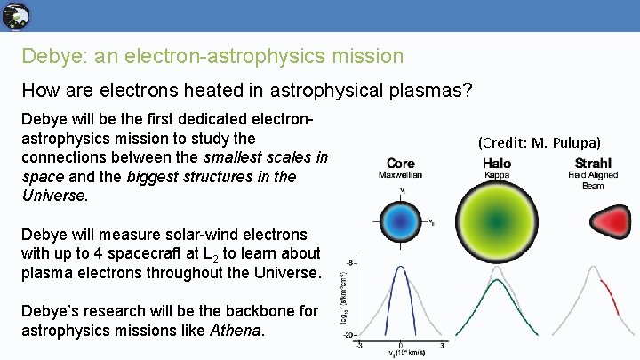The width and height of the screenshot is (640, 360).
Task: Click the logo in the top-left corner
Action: (16, 15)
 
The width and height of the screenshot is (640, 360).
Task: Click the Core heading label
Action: (401, 164)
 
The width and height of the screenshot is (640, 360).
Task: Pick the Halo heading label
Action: (497, 164)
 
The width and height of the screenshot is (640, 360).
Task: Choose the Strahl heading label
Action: (593, 164)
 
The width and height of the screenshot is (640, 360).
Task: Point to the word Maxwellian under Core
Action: (401, 175)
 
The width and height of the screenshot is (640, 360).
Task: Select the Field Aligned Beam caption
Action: (593, 180)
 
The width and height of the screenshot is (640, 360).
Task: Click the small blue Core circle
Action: (401, 220)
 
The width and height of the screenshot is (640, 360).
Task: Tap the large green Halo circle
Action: (497, 220)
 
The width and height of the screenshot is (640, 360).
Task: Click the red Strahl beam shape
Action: (594, 220)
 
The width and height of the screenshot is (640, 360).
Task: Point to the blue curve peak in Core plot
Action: (401, 267)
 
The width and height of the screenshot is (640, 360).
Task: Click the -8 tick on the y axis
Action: (350, 263)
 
